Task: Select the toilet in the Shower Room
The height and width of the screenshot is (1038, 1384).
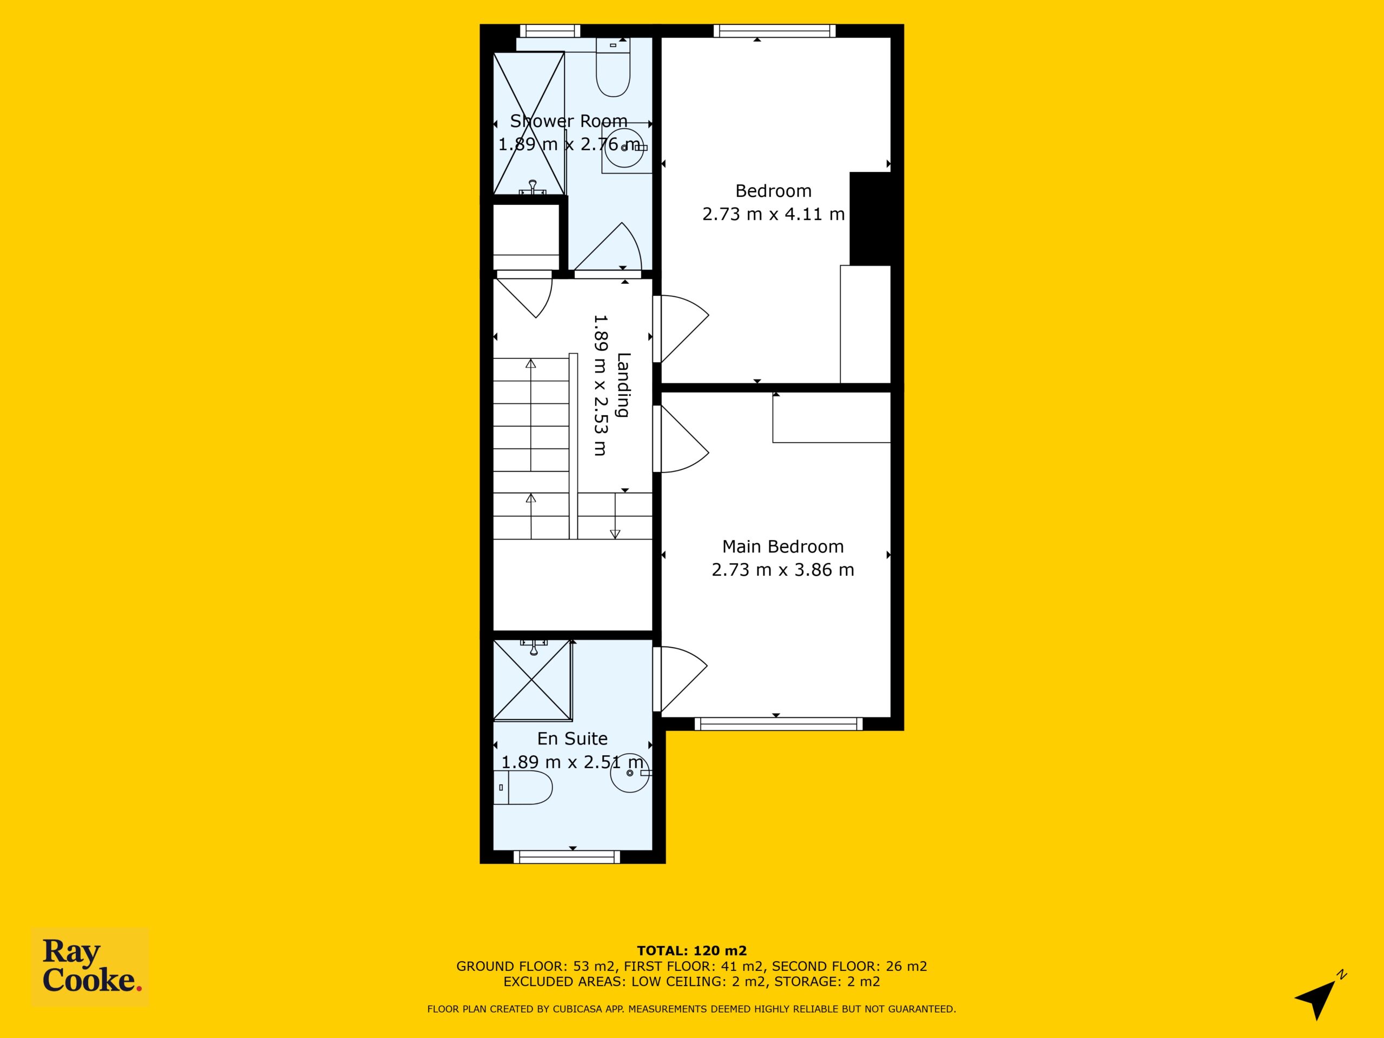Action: [x=613, y=67]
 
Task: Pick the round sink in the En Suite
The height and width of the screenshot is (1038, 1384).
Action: [x=630, y=773]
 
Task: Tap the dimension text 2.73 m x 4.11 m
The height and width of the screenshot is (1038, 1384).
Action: [x=773, y=214]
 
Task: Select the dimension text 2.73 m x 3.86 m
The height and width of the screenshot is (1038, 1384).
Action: [x=783, y=569]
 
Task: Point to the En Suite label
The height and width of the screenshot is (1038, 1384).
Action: [x=572, y=738]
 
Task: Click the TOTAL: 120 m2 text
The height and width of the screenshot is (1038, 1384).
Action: [x=691, y=951]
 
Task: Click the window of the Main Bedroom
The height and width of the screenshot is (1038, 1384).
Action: [x=778, y=724]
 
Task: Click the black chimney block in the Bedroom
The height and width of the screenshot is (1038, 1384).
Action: [x=870, y=218]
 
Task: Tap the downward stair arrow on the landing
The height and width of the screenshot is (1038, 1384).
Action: [x=615, y=515]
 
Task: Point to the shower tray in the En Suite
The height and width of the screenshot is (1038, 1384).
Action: [x=533, y=680]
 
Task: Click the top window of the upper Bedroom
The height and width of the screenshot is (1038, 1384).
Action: [x=775, y=31]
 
